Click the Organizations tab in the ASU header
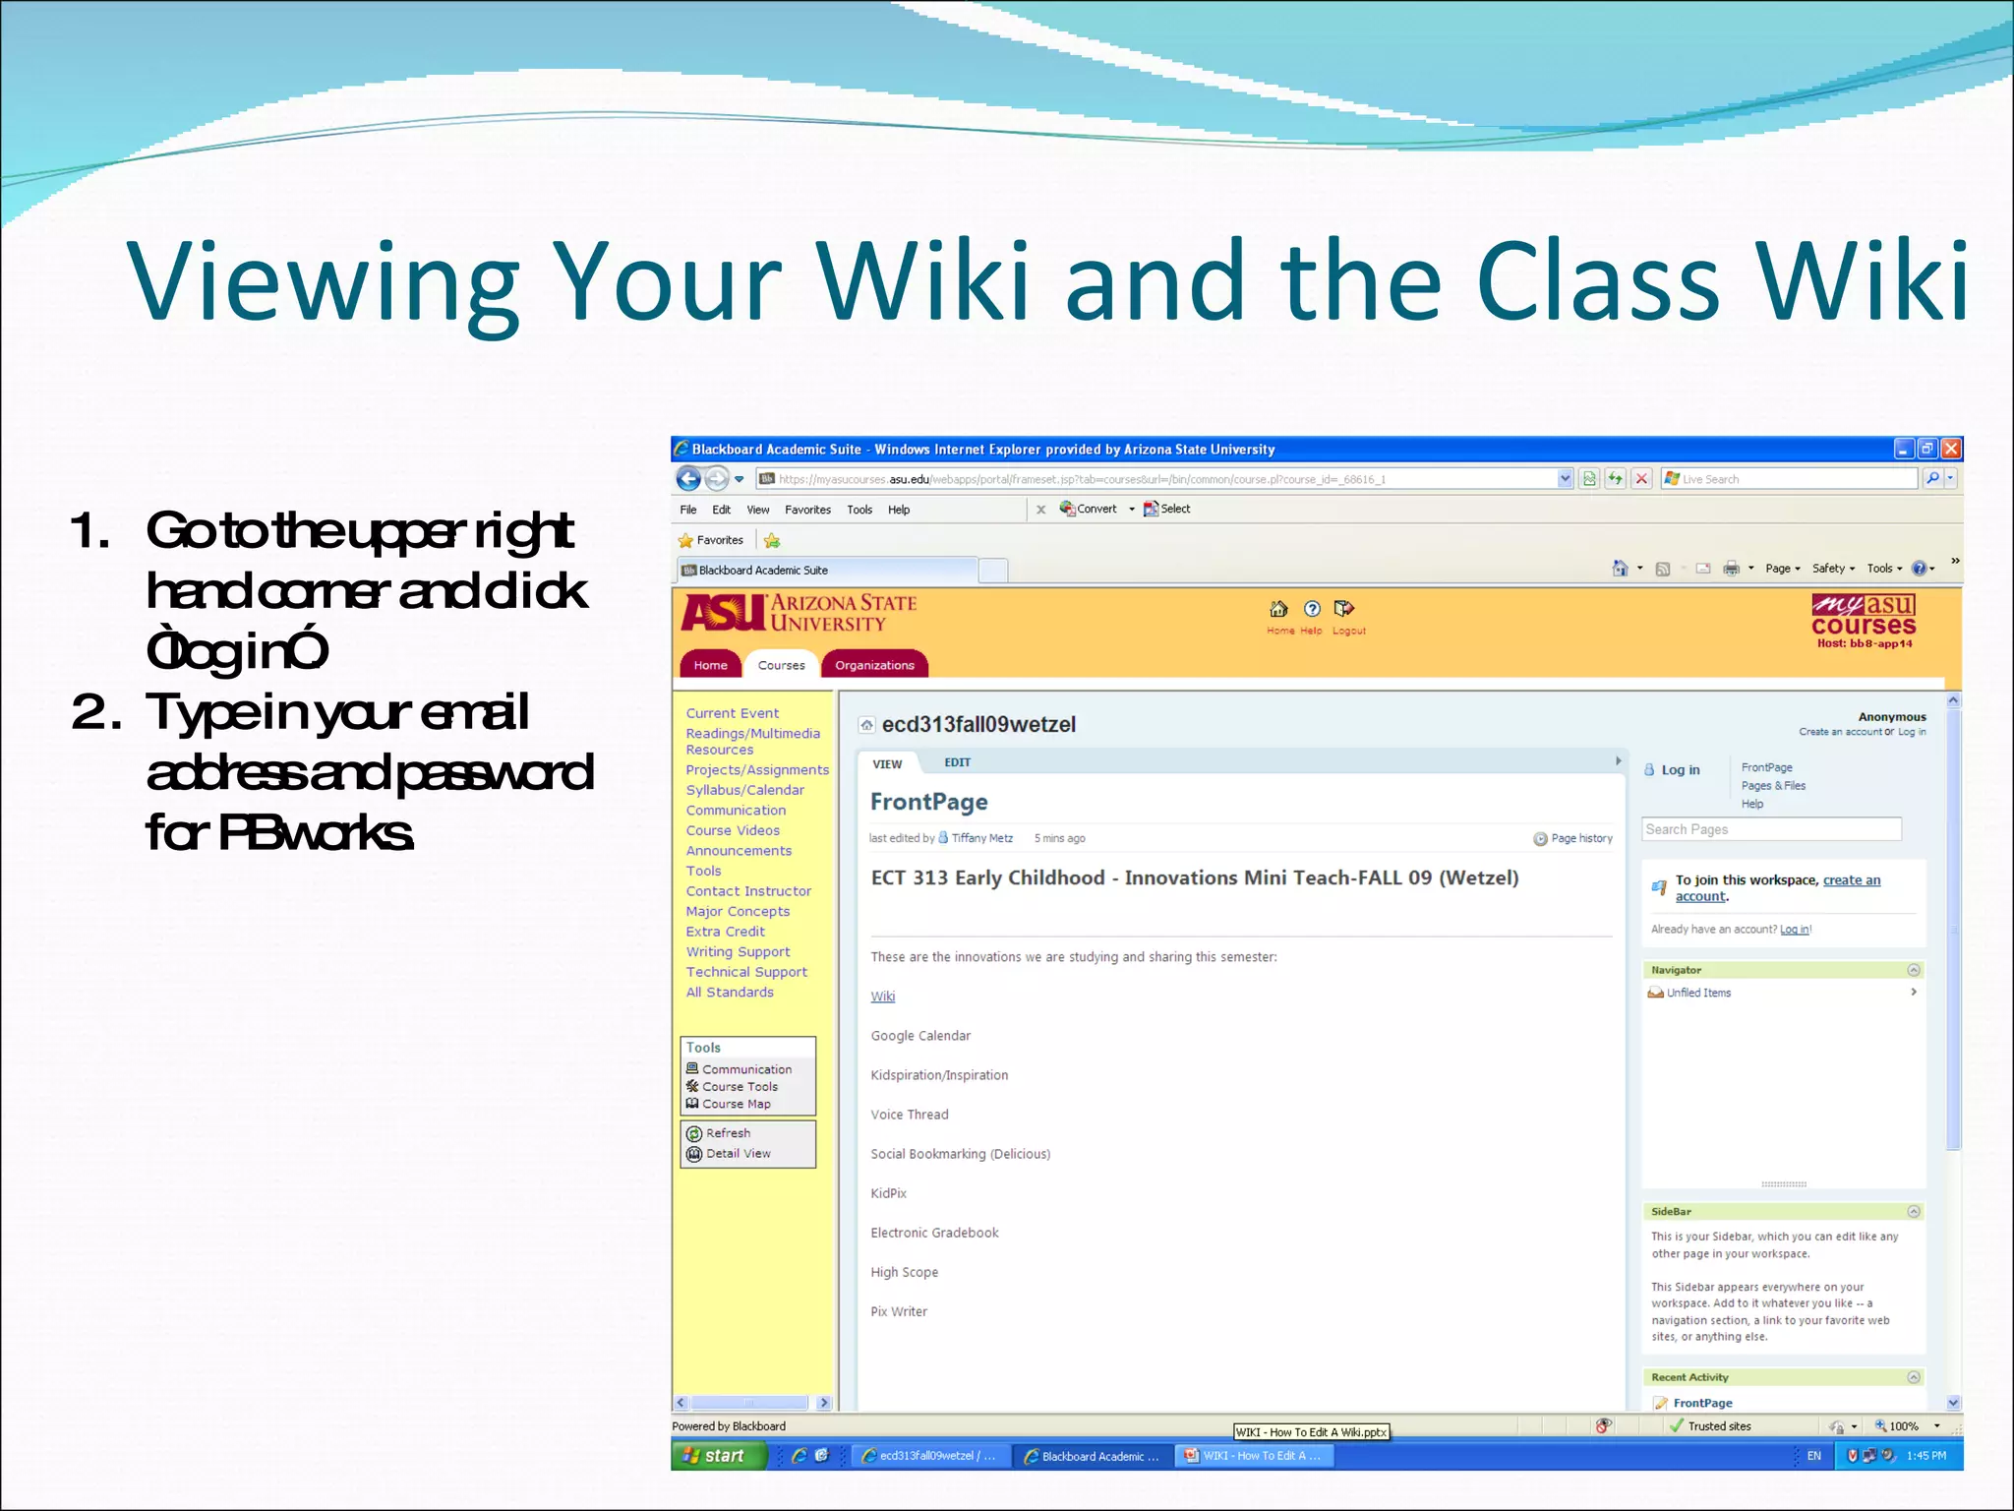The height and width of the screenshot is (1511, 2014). pos(874,665)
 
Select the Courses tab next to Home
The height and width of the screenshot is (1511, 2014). pos(781,665)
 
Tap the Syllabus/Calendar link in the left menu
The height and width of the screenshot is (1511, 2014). pos(744,790)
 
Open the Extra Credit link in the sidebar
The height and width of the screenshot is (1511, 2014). pos(725,932)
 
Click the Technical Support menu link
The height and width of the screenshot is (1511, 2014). pos(746,972)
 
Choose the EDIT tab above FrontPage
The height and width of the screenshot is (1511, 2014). pos(957,762)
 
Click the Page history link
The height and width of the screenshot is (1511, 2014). pos(1580,838)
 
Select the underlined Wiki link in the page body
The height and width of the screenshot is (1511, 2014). pos(882,997)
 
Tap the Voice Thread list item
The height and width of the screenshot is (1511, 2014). pos(909,1115)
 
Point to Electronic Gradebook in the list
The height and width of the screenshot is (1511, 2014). pos(934,1233)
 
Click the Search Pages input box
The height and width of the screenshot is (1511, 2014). pos(1770,829)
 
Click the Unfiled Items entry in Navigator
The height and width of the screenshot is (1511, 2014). pos(1698,993)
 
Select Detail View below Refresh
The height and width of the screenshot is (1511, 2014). pos(738,1153)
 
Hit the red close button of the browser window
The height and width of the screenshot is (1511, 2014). pos(1951,449)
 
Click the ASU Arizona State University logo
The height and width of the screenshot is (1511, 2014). pos(799,613)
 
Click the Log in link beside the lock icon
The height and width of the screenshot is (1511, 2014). pos(1680,770)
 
